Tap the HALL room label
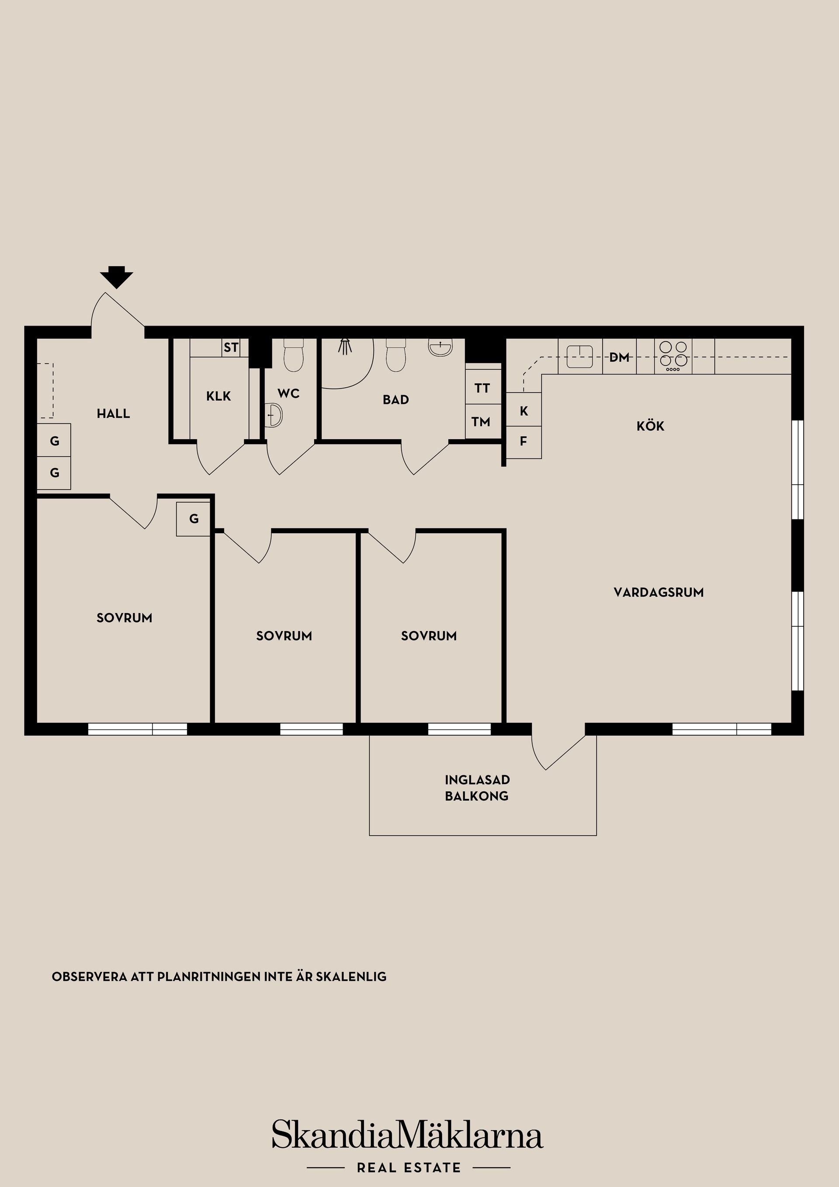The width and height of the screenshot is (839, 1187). click(113, 413)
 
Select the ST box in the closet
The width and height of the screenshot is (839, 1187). click(231, 347)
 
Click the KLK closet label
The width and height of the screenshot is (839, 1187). click(218, 396)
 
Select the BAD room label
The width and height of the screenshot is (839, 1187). click(395, 399)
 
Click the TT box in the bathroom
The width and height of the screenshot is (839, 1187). click(482, 388)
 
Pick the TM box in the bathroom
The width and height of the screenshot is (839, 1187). click(481, 422)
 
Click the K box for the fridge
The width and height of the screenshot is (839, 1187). click(524, 411)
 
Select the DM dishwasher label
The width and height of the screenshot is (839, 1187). click(619, 357)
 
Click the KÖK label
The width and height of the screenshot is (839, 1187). click(650, 427)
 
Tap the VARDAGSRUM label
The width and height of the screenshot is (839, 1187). click(658, 593)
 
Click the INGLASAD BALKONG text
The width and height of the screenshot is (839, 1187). click(477, 788)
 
